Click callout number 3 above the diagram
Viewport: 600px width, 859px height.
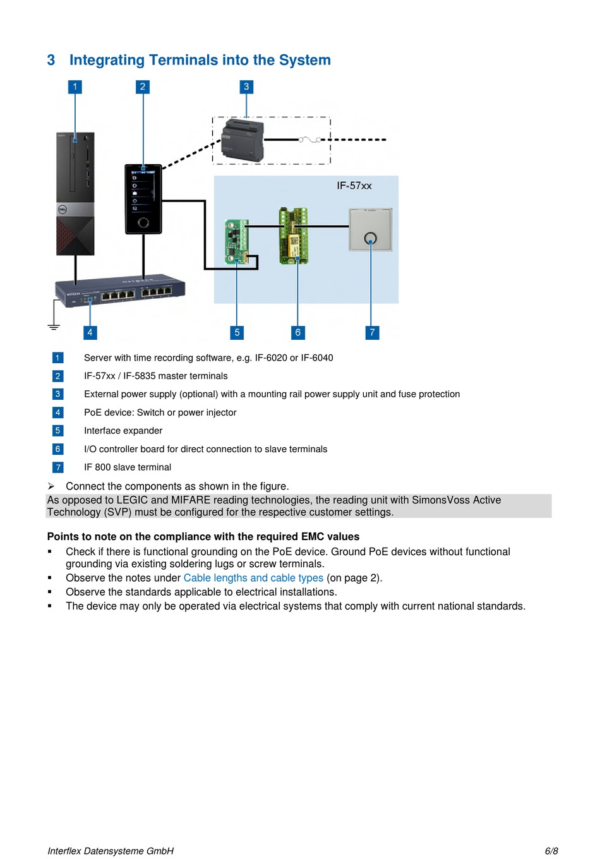(x=246, y=87)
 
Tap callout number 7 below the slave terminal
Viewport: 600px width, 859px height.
(x=372, y=332)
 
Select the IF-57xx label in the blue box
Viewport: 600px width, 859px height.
(x=354, y=186)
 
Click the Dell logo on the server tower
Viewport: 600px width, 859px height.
(x=63, y=210)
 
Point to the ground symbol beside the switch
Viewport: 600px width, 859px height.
(x=54, y=327)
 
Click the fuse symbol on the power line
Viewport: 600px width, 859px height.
(x=309, y=140)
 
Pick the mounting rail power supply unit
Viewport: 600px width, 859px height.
(x=243, y=140)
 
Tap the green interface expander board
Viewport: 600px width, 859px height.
(x=237, y=241)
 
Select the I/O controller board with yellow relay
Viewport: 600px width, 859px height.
(x=294, y=236)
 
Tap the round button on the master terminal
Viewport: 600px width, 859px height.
(x=143, y=222)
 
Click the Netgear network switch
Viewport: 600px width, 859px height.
(x=120, y=290)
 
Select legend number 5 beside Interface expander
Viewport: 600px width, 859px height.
(x=57, y=430)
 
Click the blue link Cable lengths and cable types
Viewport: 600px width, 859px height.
(x=253, y=577)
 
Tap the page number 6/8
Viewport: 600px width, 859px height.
(x=551, y=851)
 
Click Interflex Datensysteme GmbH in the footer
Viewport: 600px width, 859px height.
(x=111, y=851)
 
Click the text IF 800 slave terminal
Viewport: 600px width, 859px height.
(x=128, y=467)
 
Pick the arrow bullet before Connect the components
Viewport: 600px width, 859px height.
(x=51, y=486)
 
